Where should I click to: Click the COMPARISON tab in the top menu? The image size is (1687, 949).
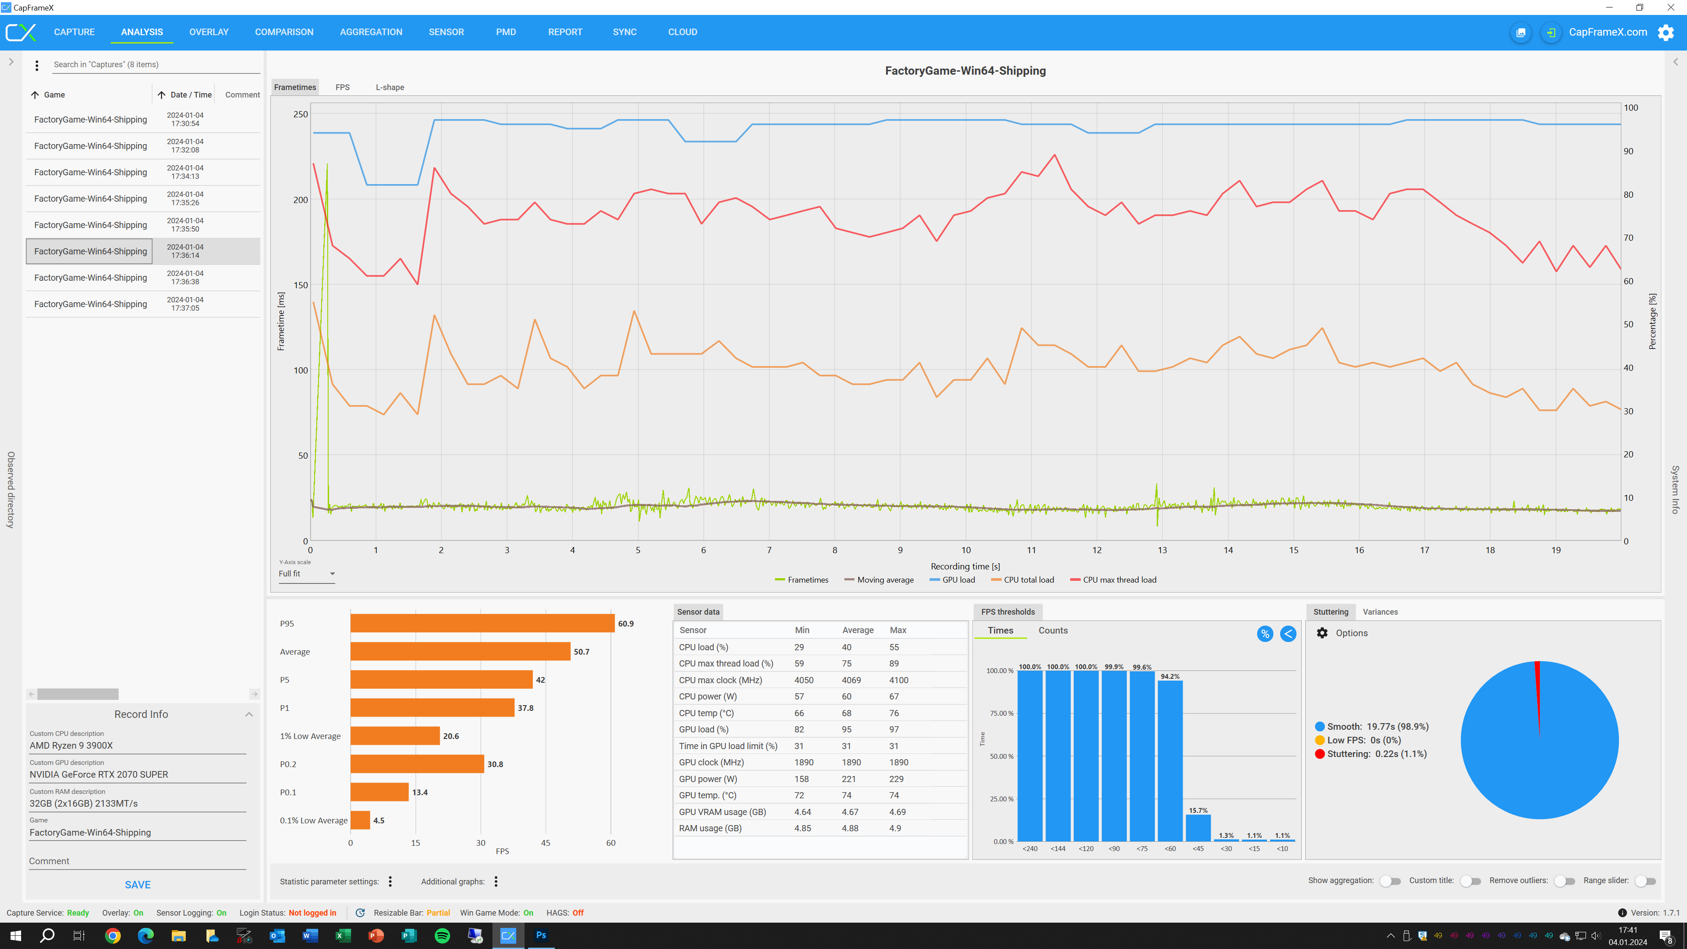284,32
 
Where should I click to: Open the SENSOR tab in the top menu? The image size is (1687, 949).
446,32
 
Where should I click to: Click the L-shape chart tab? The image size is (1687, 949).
390,87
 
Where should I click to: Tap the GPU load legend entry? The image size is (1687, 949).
958,580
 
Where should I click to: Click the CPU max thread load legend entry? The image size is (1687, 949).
1119,580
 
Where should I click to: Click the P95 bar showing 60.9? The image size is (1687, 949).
482,623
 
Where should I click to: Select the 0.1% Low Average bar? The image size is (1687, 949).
360,820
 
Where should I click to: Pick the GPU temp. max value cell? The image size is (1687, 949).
894,795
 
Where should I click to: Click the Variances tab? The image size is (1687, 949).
1380,612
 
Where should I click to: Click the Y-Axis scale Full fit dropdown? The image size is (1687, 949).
307,574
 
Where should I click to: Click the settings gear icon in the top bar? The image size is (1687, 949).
1665,32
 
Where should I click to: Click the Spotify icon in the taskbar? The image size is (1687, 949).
442,935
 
